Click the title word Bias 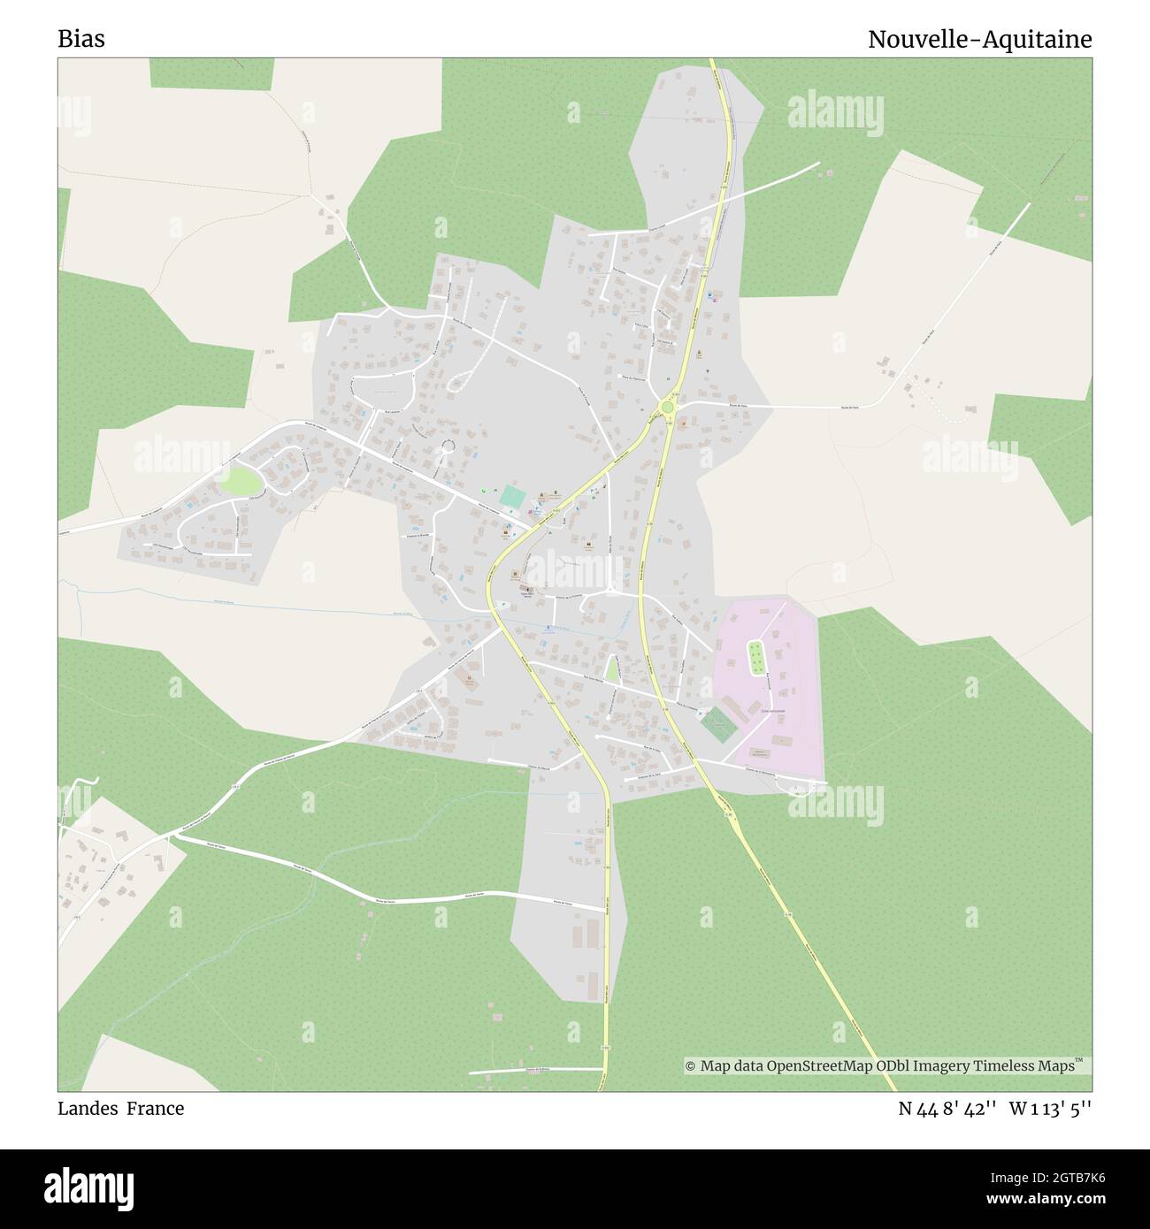[80, 40]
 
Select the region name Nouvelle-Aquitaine [979, 40]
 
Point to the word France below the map [155, 1109]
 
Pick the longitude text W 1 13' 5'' [1050, 1109]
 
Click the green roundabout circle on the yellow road [667, 407]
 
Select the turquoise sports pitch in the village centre [511, 496]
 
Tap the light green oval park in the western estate [241, 482]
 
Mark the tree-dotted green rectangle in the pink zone [756, 656]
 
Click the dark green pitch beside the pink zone [717, 724]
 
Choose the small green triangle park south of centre [611, 669]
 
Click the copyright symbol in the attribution [691, 1067]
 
